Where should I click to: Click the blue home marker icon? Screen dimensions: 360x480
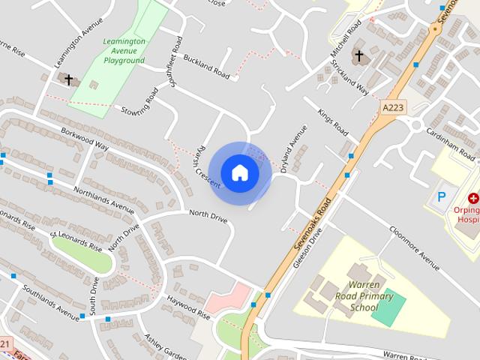pos(239,172)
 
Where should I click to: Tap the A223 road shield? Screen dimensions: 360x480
pos(393,109)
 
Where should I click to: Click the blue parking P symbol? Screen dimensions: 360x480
pos(442,197)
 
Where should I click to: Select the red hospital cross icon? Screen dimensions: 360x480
pos(473,198)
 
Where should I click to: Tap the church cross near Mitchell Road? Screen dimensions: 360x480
pos(358,56)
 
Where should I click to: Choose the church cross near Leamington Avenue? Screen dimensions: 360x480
pos(68,79)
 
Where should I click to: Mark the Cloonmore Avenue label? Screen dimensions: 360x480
pos(414,247)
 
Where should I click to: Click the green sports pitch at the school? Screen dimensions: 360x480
pos(388,309)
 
